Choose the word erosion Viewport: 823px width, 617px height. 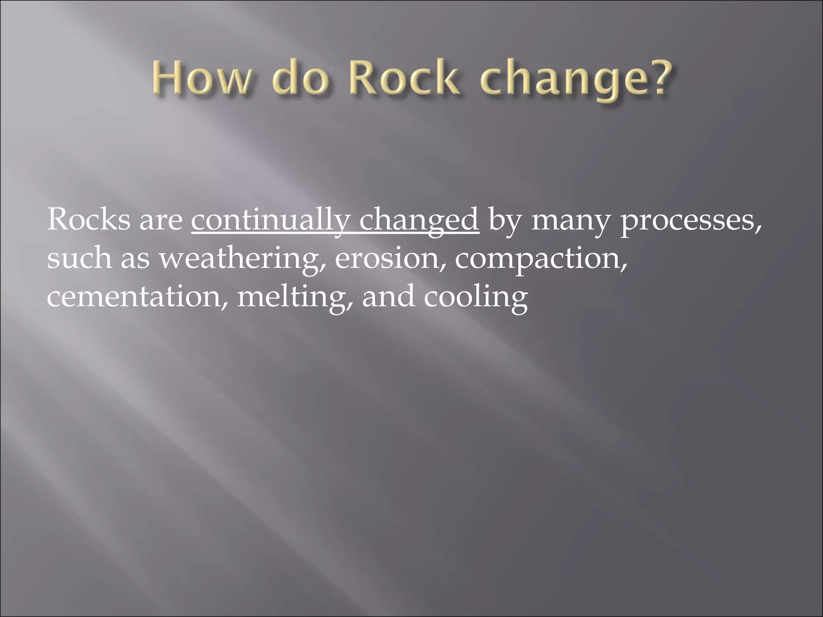pos(390,259)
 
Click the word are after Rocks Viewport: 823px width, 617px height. pos(161,222)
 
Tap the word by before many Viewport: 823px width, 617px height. pos(505,222)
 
